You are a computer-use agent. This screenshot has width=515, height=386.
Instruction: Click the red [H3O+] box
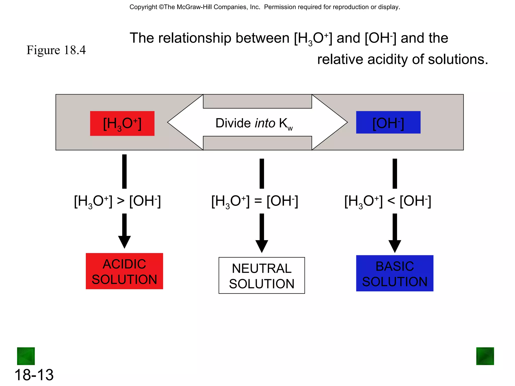[122, 123]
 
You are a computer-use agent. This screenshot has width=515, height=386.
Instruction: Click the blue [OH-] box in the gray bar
[388, 122]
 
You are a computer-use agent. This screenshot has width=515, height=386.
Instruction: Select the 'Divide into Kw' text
[254, 123]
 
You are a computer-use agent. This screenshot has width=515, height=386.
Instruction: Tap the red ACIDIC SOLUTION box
[124, 271]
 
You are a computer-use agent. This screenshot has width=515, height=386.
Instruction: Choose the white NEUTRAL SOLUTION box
[262, 275]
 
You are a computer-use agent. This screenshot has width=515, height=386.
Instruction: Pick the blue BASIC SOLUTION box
[395, 273]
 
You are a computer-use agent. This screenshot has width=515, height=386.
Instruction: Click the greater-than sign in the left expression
[121, 201]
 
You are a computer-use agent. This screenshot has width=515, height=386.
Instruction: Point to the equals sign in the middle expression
[258, 201]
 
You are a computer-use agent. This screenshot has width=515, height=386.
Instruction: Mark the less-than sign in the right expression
[391, 201]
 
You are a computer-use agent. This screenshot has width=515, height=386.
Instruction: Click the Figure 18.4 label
[56, 50]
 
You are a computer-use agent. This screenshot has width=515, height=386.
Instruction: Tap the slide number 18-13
[34, 375]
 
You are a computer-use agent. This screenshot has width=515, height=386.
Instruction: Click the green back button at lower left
[26, 356]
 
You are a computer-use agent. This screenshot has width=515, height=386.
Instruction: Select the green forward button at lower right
[485, 356]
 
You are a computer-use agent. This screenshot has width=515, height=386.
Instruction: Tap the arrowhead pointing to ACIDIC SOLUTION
[124, 242]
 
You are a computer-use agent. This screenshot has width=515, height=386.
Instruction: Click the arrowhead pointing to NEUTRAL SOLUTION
[262, 246]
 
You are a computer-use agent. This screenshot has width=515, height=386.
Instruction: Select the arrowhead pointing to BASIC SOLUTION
[395, 246]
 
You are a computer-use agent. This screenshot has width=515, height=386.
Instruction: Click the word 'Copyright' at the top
[143, 7]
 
